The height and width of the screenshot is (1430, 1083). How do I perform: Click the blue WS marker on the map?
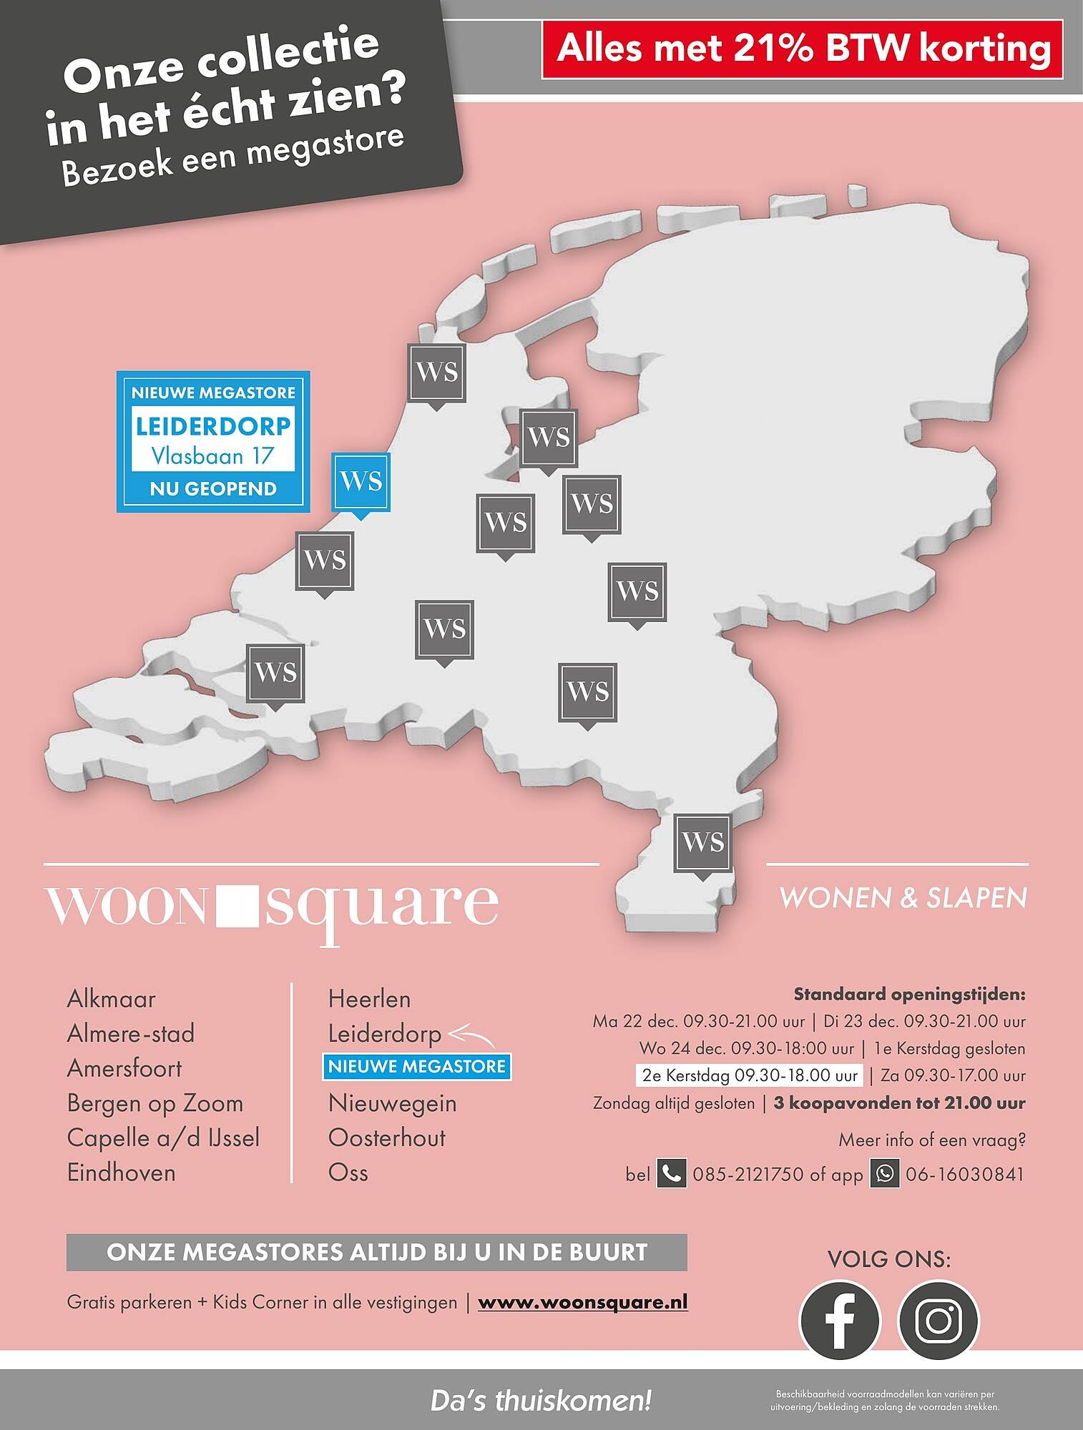tap(361, 481)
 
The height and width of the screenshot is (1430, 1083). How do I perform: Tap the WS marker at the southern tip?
tap(703, 842)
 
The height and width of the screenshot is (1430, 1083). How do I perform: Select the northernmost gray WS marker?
tap(436, 372)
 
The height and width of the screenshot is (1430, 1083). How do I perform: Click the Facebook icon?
tap(839, 1319)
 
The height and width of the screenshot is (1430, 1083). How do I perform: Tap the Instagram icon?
tap(938, 1319)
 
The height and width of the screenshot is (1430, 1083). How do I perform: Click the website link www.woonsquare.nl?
tap(582, 1302)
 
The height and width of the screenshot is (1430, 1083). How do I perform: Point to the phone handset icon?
tap(671, 1174)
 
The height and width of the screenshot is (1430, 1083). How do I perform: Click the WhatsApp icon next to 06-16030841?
tap(884, 1174)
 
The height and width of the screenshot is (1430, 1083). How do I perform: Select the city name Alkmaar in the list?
tap(111, 999)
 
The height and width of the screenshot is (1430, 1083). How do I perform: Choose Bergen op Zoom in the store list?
tap(155, 1103)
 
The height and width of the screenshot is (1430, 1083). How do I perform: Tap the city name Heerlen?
tap(369, 999)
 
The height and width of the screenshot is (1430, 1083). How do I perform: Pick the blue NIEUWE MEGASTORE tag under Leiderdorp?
tap(417, 1067)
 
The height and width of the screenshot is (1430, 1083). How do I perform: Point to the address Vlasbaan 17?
tap(212, 455)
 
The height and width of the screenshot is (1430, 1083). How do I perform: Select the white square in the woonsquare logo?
tap(235, 904)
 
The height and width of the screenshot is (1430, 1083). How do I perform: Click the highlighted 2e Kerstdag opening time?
tap(749, 1075)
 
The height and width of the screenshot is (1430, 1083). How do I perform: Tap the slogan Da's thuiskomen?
tap(541, 1400)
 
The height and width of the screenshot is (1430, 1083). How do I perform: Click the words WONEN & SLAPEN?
tap(903, 898)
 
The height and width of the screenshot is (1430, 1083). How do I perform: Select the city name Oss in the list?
tap(348, 1173)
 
